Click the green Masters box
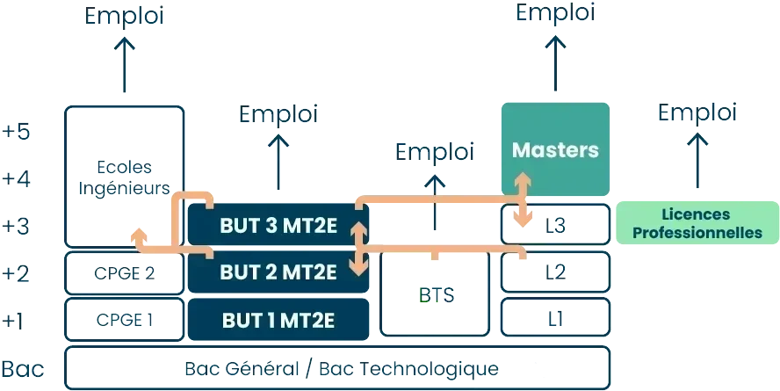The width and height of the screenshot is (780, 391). [555, 149]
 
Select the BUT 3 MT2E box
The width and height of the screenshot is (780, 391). [278, 226]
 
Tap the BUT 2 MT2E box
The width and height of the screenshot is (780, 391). [278, 272]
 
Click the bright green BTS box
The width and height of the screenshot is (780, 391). [435, 294]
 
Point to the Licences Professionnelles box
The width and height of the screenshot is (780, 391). [697, 223]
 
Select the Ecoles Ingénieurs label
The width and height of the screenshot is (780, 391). [125, 177]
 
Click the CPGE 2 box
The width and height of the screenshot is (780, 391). [124, 272]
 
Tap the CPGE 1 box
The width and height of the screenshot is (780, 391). [124, 319]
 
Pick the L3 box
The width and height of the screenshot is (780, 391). [555, 226]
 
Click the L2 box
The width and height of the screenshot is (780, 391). [555, 272]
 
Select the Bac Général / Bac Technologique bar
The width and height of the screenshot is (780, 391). [338, 368]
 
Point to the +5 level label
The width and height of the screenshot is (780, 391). [18, 132]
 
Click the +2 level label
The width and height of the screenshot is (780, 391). [18, 272]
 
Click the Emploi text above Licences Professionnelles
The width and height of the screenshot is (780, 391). [697, 113]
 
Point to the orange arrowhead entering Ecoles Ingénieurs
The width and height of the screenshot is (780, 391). [137, 235]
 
